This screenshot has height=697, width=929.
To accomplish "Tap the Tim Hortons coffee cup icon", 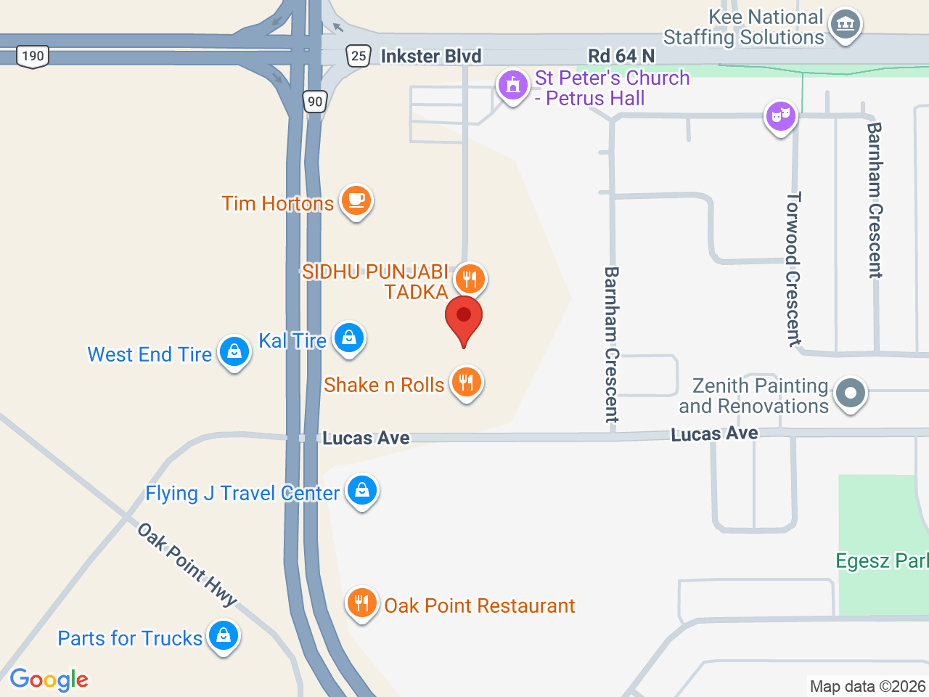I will click(x=356, y=200).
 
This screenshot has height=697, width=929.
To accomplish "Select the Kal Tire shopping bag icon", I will click(x=349, y=338).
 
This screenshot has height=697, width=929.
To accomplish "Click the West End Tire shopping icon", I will click(x=234, y=351).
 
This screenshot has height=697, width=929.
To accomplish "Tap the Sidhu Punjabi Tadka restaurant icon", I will click(x=470, y=278).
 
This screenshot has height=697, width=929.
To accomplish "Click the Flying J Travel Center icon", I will click(x=361, y=490).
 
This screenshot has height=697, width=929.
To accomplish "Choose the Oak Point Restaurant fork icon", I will click(x=361, y=602).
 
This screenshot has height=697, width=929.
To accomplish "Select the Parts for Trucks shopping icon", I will click(x=224, y=635).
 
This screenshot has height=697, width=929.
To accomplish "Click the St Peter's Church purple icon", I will click(x=512, y=85).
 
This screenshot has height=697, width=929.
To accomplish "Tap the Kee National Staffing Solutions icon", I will click(x=844, y=25).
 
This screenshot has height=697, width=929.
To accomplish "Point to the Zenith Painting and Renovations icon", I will click(x=851, y=394).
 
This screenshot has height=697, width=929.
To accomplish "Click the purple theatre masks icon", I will click(x=781, y=115).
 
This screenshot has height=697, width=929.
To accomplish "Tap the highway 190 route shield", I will click(x=33, y=56).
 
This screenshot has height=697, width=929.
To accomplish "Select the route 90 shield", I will click(x=315, y=102).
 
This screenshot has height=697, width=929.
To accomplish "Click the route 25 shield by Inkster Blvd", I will click(x=359, y=56).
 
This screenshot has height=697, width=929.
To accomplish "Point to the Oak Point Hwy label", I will click(x=187, y=564).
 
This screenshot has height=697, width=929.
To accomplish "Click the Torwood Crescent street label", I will click(x=794, y=269).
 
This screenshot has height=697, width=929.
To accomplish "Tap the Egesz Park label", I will click(x=882, y=561).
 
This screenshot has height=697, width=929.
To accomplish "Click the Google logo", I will click(x=49, y=680).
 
